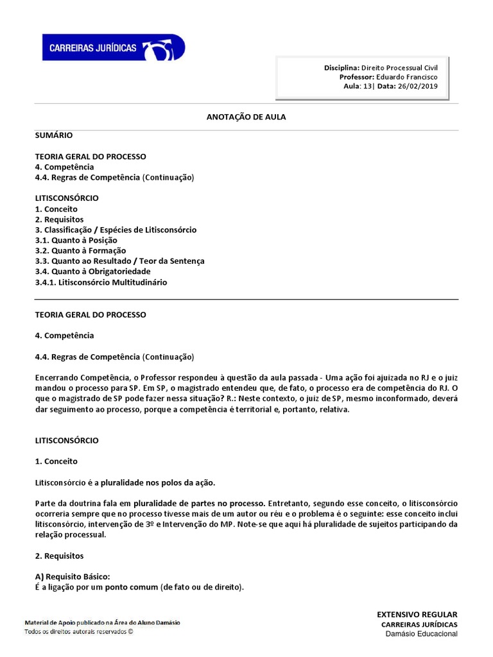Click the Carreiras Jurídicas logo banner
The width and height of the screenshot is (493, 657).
113,48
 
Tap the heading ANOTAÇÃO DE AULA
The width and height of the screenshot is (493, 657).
246,117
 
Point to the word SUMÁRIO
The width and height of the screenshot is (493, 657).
53,135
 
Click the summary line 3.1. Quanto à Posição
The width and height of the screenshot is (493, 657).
76,240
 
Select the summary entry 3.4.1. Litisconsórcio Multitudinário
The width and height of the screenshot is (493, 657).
101,282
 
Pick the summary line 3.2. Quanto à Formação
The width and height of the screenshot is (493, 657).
80,250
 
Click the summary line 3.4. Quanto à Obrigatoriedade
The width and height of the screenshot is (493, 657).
92,271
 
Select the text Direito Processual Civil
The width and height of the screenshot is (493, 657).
399,67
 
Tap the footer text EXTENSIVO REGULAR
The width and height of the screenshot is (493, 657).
417,615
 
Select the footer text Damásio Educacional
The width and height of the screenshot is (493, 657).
421,634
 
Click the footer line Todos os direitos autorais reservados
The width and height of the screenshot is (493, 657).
78,631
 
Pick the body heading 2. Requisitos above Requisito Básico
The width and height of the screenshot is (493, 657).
59,556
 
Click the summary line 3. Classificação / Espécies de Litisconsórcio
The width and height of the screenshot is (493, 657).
116,230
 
